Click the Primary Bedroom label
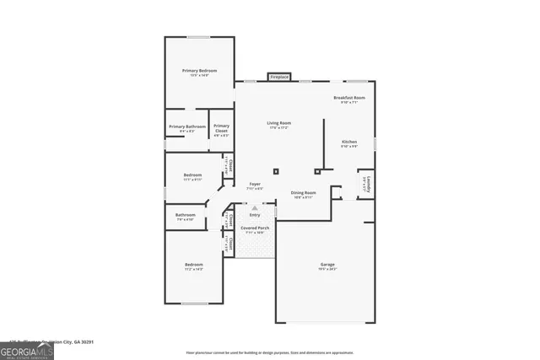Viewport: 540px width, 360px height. [x=199, y=71]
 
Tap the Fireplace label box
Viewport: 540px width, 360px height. [x=279, y=78]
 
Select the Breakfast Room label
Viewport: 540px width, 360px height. [x=348, y=99]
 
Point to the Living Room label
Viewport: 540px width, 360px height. [x=278, y=125]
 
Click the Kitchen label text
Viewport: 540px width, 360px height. [x=349, y=142]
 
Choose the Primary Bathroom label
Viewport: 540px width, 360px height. [x=187, y=127]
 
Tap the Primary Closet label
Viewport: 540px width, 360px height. [x=221, y=127]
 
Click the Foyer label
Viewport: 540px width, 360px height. [x=254, y=185]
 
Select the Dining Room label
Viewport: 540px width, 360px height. [x=303, y=193]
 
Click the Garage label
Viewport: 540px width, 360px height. [x=327, y=266]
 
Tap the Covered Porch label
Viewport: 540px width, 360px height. [x=255, y=228]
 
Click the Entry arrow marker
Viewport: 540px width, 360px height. [x=255, y=215]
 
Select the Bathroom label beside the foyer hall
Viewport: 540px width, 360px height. [x=186, y=216]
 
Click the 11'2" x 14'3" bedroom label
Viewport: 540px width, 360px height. [x=194, y=266]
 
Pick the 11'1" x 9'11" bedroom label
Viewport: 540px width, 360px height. [x=192, y=176]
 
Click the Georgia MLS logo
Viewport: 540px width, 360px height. [x=27, y=349]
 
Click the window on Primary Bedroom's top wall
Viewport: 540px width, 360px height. [x=199, y=36]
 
